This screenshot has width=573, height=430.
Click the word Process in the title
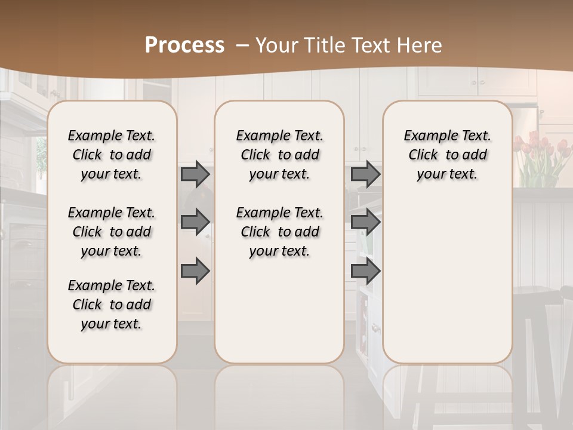(184, 45)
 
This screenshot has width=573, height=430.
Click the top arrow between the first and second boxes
(195, 174)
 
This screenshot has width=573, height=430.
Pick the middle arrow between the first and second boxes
(195, 222)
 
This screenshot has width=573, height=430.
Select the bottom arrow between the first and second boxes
(195, 272)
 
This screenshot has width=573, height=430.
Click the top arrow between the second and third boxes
(365, 174)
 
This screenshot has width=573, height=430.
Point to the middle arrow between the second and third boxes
(365, 222)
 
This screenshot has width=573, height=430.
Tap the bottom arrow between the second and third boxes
(365, 272)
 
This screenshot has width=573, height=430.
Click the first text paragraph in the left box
(112, 155)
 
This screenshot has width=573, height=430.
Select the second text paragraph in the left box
(112, 232)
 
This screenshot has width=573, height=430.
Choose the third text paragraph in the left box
(112, 305)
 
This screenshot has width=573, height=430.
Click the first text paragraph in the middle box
(279, 155)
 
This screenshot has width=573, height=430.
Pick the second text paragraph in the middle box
(279, 232)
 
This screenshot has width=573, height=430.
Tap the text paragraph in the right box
(447, 155)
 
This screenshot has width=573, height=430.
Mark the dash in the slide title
(242, 45)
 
